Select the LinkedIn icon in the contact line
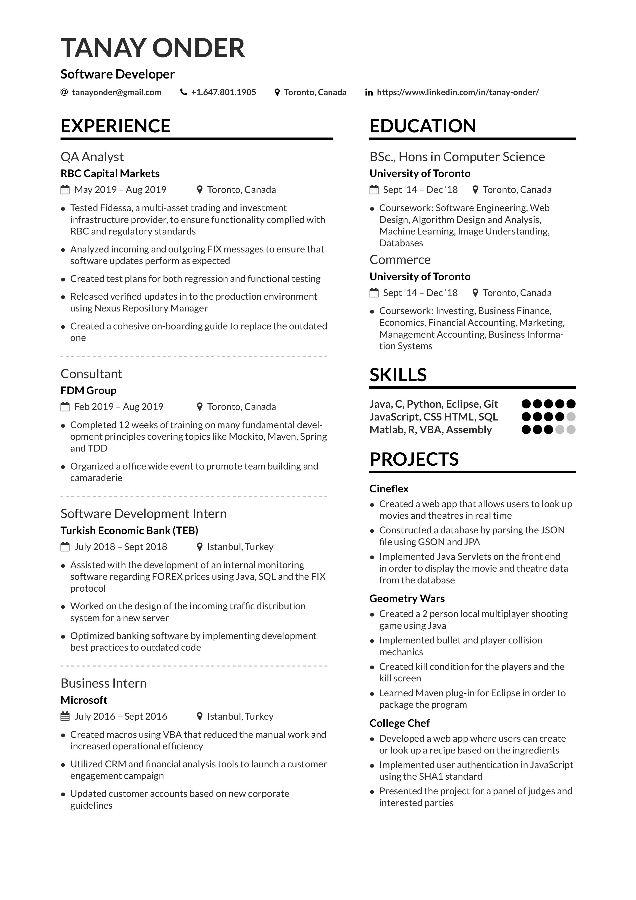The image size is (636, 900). point(369,93)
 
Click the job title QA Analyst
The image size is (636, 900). point(92,157)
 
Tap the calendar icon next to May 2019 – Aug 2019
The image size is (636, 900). point(65,190)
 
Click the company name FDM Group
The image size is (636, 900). point(88,390)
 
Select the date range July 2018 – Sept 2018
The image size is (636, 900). point(121,547)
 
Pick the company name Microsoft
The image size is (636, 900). point(84,700)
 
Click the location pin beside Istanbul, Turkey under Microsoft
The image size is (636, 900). point(200,717)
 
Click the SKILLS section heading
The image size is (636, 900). point(398,375)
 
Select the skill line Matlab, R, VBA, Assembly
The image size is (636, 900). point(430,430)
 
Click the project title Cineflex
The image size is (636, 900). point(389,489)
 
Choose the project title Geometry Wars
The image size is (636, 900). point(407,599)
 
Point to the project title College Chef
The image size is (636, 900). point(399,723)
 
